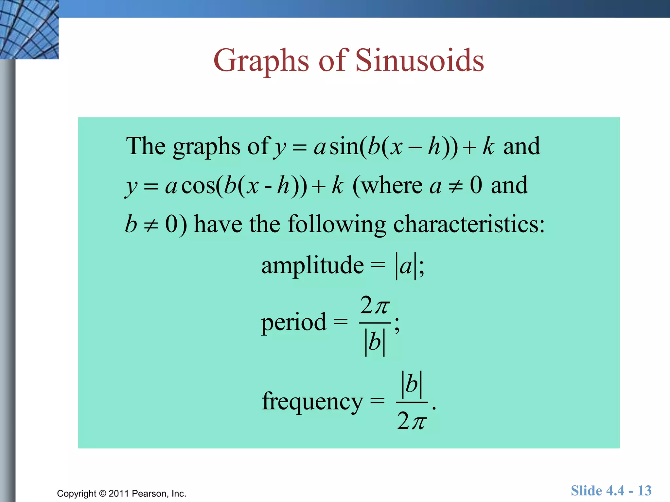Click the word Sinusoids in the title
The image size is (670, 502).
(x=419, y=60)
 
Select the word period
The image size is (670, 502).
(x=294, y=322)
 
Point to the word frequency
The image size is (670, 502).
(x=312, y=401)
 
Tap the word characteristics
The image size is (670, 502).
(x=469, y=225)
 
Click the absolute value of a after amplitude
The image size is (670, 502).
(x=406, y=265)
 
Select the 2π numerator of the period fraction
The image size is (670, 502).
(x=375, y=306)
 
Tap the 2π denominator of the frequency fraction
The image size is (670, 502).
(x=412, y=421)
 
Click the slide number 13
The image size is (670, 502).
(x=644, y=491)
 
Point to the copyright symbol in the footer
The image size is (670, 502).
(x=102, y=494)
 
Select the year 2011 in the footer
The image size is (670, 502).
(x=119, y=494)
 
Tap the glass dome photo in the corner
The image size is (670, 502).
(x=29, y=29)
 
